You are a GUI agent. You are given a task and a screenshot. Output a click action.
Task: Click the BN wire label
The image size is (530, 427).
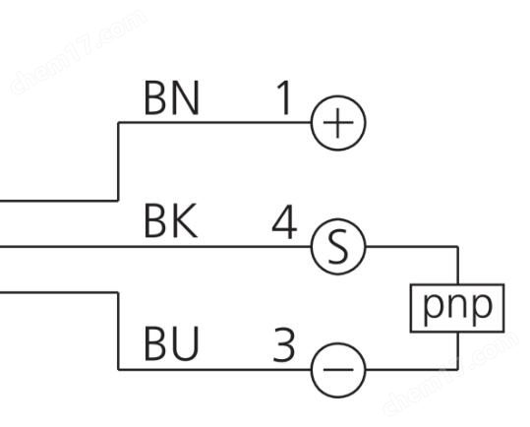click(x=171, y=98)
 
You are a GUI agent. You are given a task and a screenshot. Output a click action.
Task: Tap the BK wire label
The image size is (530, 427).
click(x=170, y=221)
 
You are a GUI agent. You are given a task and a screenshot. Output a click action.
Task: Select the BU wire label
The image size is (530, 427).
click(x=171, y=343)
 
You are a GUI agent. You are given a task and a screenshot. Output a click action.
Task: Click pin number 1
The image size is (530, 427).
click(x=284, y=98)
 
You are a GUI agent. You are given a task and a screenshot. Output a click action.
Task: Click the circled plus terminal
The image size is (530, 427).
click(x=338, y=123)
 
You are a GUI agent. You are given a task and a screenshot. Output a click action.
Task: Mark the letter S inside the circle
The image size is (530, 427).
click(x=338, y=247)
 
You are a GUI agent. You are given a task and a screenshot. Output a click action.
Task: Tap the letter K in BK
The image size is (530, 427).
click(x=185, y=221)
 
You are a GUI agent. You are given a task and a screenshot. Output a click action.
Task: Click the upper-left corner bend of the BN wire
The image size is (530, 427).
click(x=118, y=123)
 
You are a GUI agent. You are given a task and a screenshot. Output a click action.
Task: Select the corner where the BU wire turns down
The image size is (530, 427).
click(x=118, y=292)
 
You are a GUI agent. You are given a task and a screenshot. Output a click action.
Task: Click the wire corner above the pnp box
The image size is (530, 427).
click(x=457, y=247)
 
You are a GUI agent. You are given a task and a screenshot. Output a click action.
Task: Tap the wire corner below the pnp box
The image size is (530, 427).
click(x=457, y=370)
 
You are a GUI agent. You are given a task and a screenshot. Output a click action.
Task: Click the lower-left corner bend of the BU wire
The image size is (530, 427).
click(x=118, y=370)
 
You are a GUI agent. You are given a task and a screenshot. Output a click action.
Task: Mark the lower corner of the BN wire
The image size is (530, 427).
click(x=118, y=201)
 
